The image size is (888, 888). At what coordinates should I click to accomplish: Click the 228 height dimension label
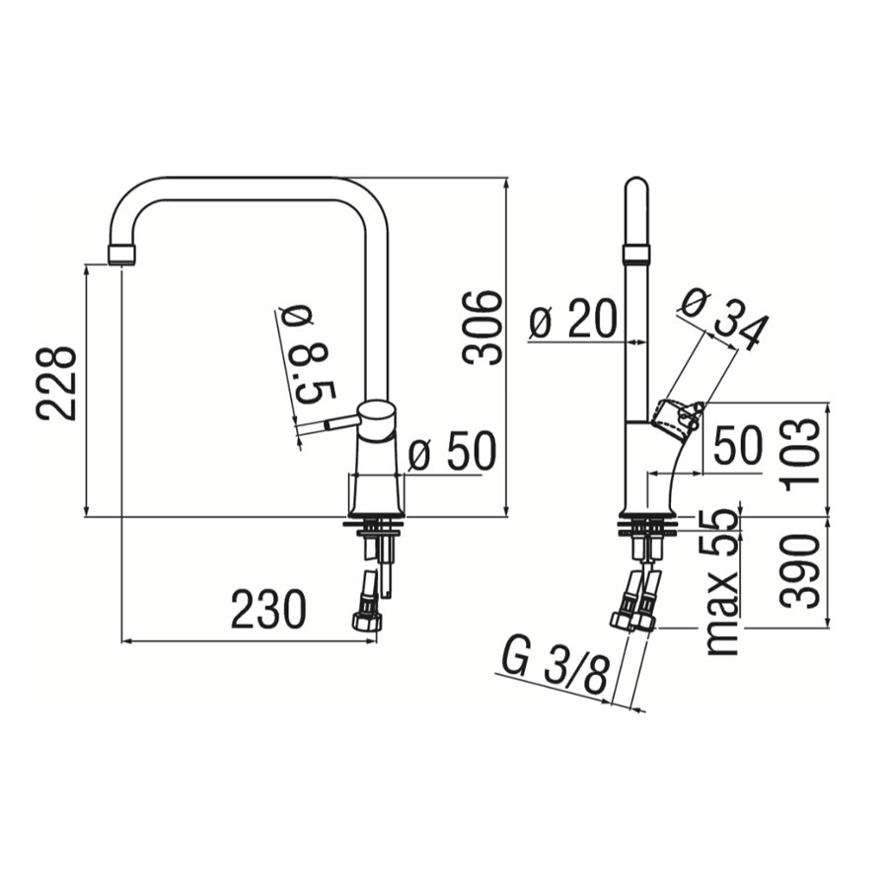(56, 383)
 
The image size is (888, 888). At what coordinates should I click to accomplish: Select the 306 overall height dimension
(481, 327)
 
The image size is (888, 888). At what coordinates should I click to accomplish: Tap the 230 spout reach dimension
(269, 610)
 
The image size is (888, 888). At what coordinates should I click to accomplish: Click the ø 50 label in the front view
(451, 451)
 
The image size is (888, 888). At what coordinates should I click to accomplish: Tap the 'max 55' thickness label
(724, 581)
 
